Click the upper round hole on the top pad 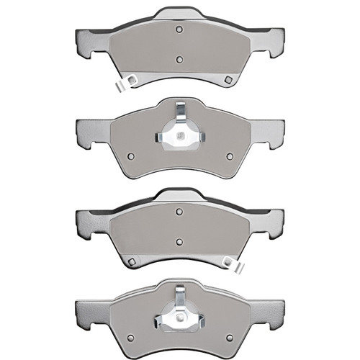pos(178,30)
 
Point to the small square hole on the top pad pos(228,79)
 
